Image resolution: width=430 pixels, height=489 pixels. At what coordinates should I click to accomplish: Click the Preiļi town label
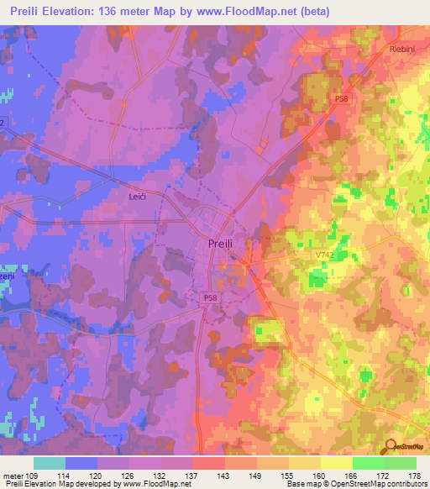(x=223, y=244)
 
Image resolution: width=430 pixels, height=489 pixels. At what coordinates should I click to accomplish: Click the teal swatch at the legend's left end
(x=50, y=463)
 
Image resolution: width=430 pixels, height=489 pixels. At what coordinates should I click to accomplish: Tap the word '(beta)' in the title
(x=315, y=12)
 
